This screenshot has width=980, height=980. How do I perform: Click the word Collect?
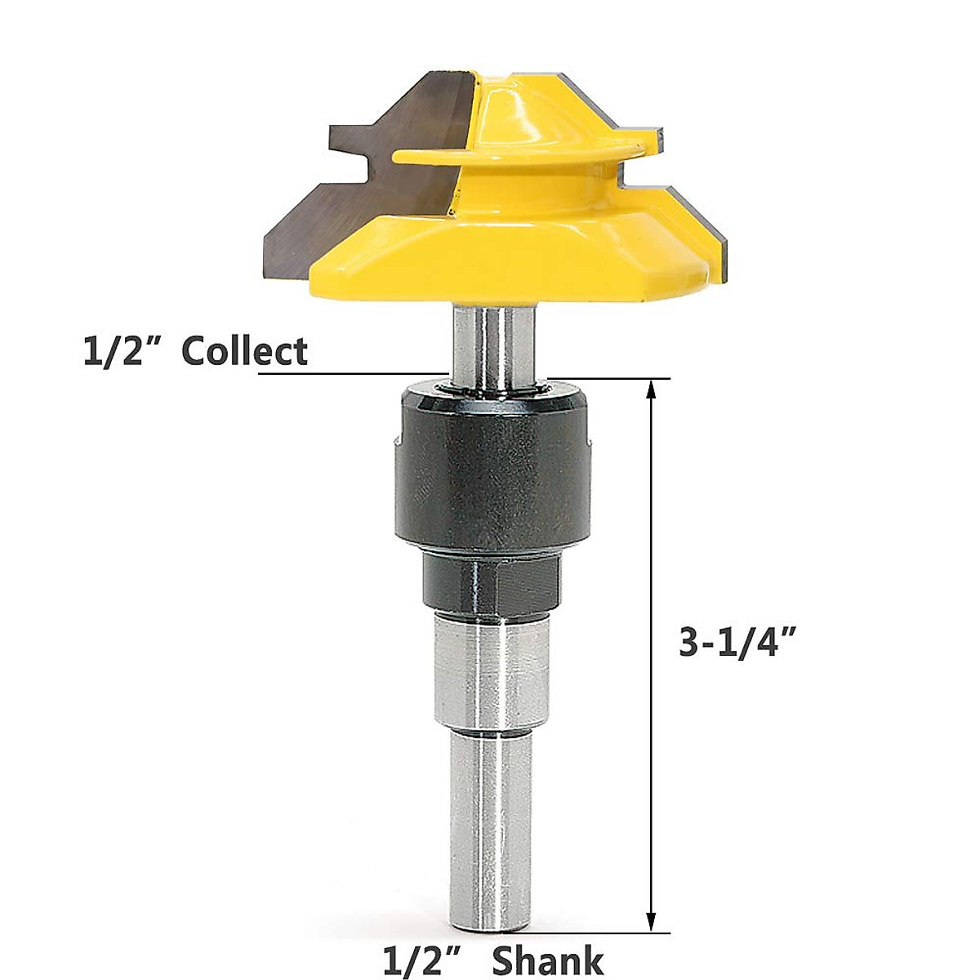pyautogui.click(x=244, y=351)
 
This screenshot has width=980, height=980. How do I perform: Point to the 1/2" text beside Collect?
pyautogui.click(x=120, y=351)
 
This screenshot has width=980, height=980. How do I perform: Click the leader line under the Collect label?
pyautogui.click(x=351, y=374)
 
